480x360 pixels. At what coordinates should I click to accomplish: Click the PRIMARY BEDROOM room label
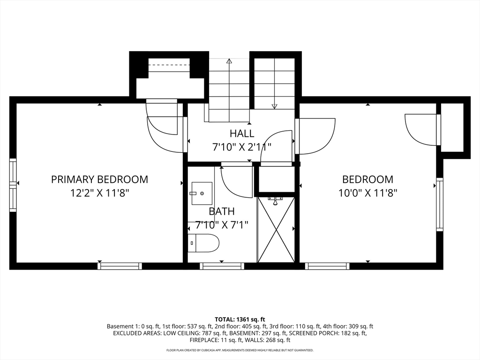[x=99, y=180]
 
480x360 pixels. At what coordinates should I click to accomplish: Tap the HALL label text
[x=242, y=134]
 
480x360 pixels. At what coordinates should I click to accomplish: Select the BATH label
[x=222, y=211]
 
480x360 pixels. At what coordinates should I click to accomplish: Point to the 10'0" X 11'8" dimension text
[x=367, y=193]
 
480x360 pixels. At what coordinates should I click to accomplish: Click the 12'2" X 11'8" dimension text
[x=99, y=193]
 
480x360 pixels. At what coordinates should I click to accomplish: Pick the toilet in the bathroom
[x=203, y=243]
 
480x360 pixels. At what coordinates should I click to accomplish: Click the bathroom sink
[x=202, y=194]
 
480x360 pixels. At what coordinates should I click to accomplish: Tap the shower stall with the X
[x=276, y=230]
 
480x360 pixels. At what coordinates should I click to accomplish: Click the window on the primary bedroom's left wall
[x=13, y=185]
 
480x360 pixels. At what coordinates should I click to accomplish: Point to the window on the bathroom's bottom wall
[x=222, y=266]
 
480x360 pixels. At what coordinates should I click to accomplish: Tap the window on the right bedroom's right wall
[x=440, y=204]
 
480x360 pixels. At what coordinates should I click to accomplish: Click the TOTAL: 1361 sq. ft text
[x=240, y=320]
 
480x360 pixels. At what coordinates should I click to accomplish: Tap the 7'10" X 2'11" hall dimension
[x=242, y=147]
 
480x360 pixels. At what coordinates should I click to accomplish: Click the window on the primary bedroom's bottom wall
[x=120, y=266]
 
